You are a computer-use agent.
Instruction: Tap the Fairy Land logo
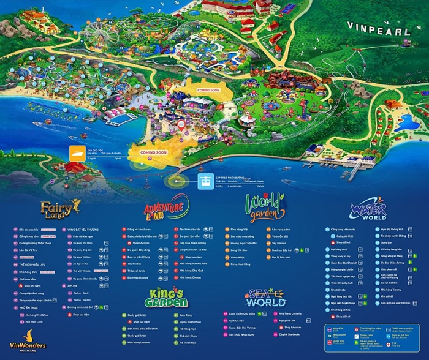pyautogui.click(x=61, y=208)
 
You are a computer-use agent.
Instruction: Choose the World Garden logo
pyautogui.click(x=265, y=206)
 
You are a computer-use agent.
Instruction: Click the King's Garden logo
pyautogui.click(x=162, y=298)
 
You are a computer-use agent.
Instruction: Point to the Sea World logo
pyautogui.click(x=265, y=298)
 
